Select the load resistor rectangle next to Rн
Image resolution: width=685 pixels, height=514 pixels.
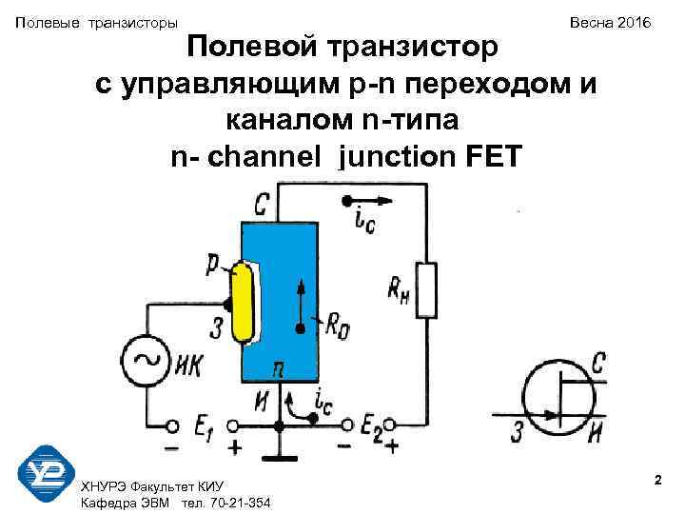point(426,289)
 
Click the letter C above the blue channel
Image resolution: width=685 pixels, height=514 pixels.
point(264,204)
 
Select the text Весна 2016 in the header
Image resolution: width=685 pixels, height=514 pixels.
point(612,21)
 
